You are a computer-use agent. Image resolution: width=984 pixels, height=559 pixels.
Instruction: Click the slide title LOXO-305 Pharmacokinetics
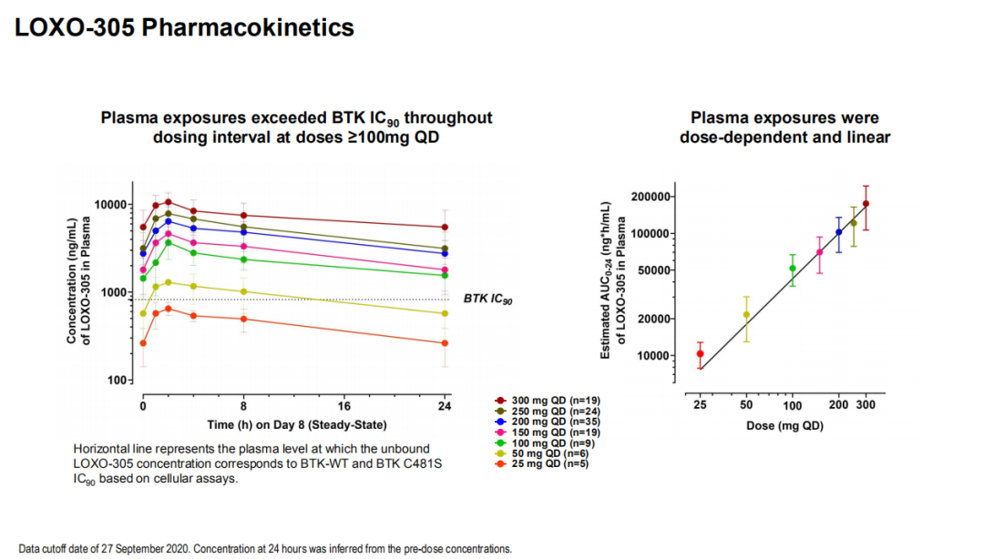[184, 27]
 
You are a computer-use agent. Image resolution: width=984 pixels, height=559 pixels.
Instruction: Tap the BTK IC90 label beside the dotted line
[488, 299]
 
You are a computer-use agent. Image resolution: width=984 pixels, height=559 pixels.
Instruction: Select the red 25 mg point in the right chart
[700, 354]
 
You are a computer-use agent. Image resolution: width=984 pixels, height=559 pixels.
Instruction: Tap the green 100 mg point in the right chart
[792, 269]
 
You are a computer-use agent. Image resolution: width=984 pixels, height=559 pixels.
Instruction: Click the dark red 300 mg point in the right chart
[866, 204]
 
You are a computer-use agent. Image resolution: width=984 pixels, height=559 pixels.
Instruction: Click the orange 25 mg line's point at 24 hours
[445, 343]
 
